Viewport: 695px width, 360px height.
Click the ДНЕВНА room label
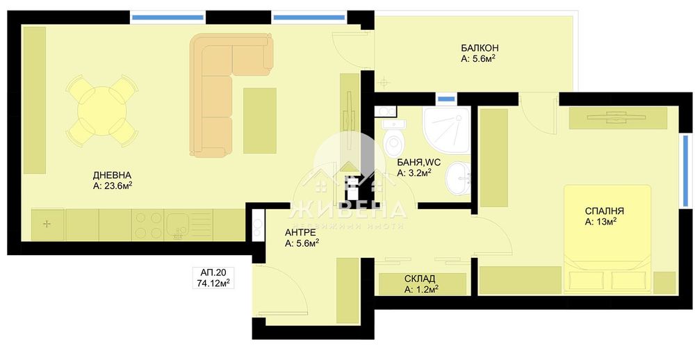tap(112, 175)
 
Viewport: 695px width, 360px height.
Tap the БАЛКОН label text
tap(480, 48)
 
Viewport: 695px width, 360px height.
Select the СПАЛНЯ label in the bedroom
tap(605, 211)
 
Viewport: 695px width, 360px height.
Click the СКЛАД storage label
tap(420, 279)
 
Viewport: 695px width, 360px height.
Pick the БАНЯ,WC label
tap(414, 161)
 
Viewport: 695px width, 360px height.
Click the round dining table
tap(102, 111)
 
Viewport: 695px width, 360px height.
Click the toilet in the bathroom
tap(394, 139)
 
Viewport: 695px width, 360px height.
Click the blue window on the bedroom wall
tap(685, 170)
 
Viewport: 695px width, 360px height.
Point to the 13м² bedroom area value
tap(601, 222)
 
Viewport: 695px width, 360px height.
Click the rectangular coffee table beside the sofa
tap(259, 120)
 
